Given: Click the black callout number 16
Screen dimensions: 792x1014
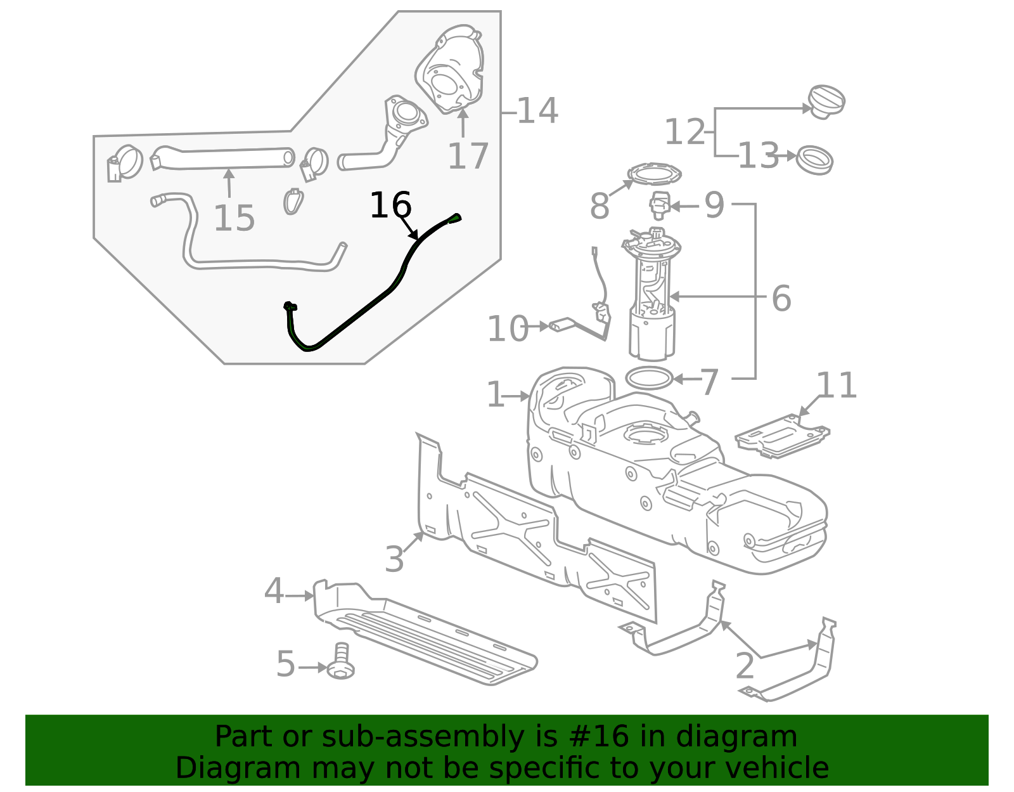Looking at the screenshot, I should tap(390, 205).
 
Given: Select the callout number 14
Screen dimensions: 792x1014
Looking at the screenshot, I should tap(537, 111).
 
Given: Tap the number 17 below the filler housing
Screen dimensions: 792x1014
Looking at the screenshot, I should tap(468, 157).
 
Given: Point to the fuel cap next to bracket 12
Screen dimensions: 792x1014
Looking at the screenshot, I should tap(826, 101).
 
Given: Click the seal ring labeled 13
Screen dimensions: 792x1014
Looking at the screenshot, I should tap(814, 160).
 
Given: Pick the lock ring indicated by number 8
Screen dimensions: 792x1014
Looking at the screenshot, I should tap(653, 174).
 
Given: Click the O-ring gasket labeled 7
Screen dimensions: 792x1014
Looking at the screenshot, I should tap(648, 379).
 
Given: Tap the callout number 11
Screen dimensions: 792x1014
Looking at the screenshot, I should tap(837, 386).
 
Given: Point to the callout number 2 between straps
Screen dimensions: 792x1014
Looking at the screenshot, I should tap(745, 666).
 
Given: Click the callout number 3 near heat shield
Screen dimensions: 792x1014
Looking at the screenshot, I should tap(394, 559).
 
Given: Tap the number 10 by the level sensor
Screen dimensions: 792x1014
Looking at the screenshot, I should tap(507, 328).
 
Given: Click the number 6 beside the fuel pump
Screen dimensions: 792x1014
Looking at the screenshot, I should tap(781, 298).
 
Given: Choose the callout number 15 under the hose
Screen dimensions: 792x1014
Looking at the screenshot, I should tap(234, 218).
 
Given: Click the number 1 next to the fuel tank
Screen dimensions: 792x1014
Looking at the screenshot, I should tap(495, 395).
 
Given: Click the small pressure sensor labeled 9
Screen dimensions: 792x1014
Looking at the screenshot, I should tap(659, 205).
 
